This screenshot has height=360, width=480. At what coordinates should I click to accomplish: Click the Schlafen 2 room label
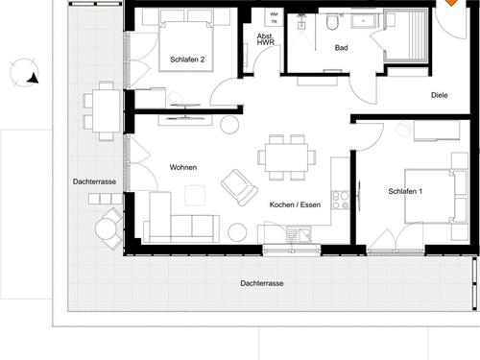tap(187, 60)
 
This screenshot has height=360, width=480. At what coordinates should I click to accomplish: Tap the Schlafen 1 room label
tap(405, 191)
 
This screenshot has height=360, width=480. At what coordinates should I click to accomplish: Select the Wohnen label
tap(183, 167)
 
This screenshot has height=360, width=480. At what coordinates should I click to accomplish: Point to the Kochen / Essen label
tap(295, 204)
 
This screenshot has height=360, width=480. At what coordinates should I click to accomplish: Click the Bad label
tap(341, 48)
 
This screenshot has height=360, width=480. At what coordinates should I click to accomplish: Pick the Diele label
tap(440, 95)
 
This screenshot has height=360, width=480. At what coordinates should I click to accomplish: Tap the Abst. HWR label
tap(266, 39)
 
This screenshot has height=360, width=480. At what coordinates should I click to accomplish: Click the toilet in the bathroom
tap(332, 21)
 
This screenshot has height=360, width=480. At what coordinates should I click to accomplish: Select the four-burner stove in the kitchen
tap(340, 200)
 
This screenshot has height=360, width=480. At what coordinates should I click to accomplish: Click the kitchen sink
tap(300, 235)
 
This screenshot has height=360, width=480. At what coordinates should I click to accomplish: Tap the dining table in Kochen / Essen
tap(286, 157)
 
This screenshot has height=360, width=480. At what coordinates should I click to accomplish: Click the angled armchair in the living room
tap(239, 187)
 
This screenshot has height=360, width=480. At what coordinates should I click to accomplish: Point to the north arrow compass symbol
tap(24, 73)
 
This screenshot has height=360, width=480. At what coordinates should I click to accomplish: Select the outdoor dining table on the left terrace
tap(107, 110)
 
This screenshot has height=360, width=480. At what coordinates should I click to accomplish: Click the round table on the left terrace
tap(106, 229)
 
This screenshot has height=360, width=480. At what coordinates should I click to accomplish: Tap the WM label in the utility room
tap(274, 14)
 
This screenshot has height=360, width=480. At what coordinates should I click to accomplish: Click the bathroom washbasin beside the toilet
tap(364, 21)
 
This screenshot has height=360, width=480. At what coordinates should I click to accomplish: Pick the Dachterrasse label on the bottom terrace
tap(262, 283)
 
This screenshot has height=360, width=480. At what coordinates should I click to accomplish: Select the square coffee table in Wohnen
tap(195, 195)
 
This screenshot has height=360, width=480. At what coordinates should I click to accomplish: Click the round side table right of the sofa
tap(237, 232)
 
